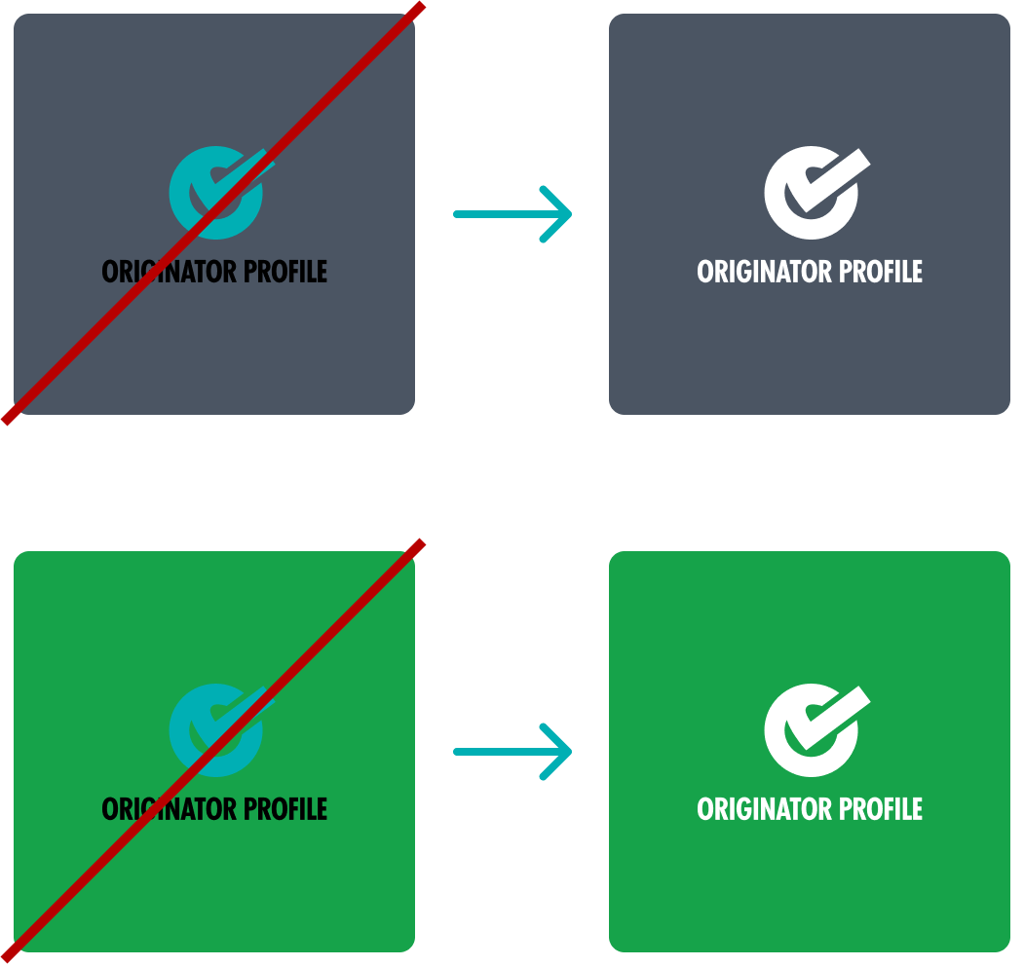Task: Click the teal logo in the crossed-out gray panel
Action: coord(216,193)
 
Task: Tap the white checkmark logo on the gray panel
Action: coord(812,193)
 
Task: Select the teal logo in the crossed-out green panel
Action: coord(216,730)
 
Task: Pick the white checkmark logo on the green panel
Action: coord(812,730)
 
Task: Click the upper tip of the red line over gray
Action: coord(421,7)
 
